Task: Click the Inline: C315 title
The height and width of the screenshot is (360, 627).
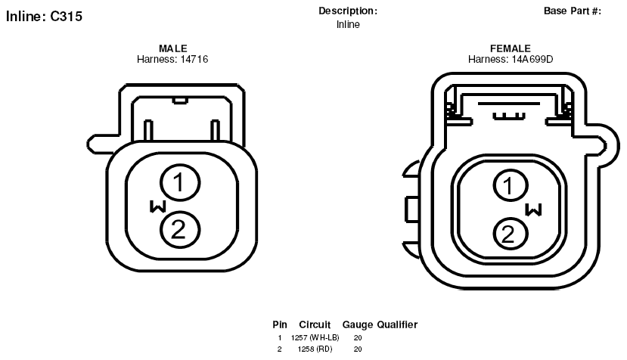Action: click(x=44, y=17)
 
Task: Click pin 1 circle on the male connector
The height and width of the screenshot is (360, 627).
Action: click(x=180, y=182)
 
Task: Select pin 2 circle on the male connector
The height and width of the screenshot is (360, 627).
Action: click(x=180, y=230)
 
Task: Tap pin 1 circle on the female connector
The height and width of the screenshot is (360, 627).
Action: click(x=511, y=185)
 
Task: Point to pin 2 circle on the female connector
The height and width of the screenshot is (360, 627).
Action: click(x=511, y=234)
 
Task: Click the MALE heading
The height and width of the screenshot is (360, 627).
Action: click(x=172, y=48)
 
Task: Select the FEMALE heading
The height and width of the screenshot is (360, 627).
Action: click(x=511, y=48)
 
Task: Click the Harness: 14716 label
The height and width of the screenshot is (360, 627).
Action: click(x=172, y=59)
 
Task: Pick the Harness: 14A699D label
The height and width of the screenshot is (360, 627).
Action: click(x=511, y=59)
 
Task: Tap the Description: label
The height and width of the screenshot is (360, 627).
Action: click(x=348, y=11)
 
